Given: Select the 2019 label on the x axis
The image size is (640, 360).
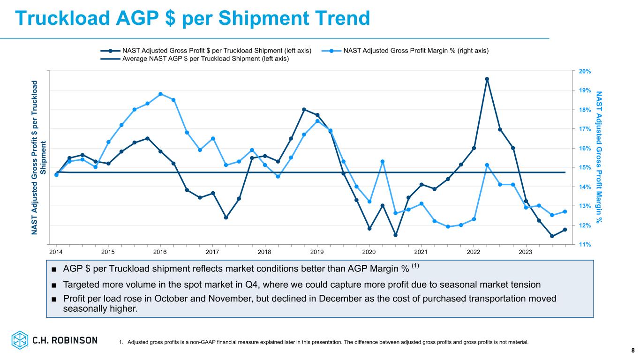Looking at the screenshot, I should [x=317, y=252].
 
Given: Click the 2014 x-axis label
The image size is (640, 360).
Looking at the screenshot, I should [x=56, y=252].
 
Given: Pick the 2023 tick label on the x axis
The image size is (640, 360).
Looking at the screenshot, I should [x=526, y=252].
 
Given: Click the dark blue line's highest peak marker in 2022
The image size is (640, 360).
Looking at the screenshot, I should [x=487, y=79].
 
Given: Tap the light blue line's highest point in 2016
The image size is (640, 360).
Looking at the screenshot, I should [x=160, y=94].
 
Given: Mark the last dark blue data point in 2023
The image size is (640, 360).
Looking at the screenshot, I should [x=565, y=230].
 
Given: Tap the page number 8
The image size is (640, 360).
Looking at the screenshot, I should [x=632, y=350].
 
